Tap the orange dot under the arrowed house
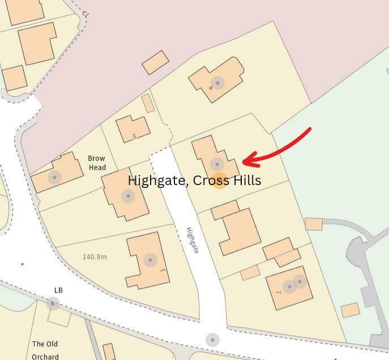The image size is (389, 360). click(x=220, y=181)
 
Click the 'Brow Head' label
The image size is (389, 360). click(x=97, y=163)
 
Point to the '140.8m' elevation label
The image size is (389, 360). click(x=95, y=256)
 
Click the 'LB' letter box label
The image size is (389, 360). click(x=58, y=290)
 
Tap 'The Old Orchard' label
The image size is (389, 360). click(x=45, y=350)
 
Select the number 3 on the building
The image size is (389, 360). click(x=134, y=136)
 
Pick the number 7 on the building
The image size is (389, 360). click(x=279, y=292)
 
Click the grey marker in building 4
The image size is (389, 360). click(x=217, y=83)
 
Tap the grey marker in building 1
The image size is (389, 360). click(x=150, y=260)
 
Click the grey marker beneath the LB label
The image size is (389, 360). click(x=53, y=304)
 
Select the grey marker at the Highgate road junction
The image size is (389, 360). click(x=212, y=340)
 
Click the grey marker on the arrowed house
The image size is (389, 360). click(x=217, y=164)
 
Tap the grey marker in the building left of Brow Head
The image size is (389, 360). click(x=54, y=177)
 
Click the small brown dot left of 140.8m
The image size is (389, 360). click(x=23, y=264)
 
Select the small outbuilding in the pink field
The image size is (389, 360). click(x=155, y=62)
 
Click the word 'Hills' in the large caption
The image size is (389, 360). click(x=247, y=181)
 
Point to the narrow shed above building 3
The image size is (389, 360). click(x=148, y=103)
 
